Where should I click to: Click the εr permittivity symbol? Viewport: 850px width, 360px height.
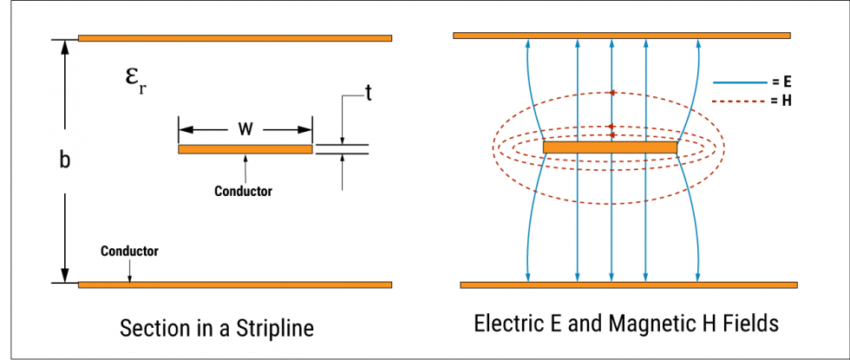pos(134,79)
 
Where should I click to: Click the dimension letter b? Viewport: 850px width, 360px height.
pos(64,160)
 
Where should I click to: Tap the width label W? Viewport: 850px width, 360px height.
pos(245,130)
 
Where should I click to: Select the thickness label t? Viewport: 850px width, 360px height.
pos(368,93)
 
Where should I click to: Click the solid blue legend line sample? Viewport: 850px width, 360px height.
pos(738,83)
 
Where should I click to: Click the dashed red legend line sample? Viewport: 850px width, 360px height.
pos(738,101)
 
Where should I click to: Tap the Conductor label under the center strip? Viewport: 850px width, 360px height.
pos(243,191)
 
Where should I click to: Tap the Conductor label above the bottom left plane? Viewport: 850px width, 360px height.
pos(129,251)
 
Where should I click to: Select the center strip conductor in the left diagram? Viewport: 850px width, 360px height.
pos(245,149)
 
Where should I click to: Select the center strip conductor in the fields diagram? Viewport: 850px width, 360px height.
pos(610,147)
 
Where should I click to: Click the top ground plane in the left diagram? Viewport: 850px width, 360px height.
pos(234,38)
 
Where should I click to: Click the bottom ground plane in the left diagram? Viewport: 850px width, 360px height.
pos(234,285)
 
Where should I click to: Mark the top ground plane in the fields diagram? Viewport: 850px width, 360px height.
pos(621,36)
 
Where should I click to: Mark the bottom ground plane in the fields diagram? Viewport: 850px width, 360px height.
pos(628,285)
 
